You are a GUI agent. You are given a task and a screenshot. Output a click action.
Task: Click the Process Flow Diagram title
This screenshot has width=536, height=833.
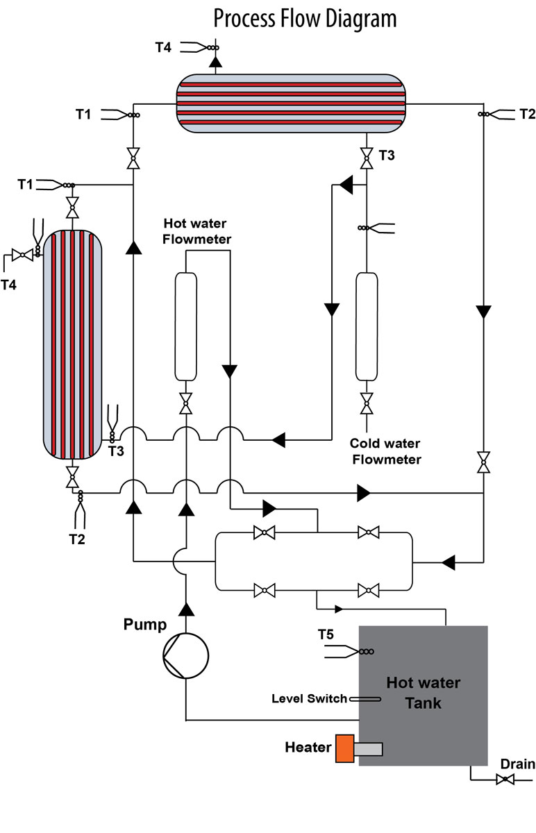pos(305,18)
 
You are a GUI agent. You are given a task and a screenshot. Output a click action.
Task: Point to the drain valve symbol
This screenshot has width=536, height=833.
pos(505,780)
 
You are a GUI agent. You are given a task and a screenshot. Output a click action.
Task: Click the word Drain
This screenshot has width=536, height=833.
pos(517,764)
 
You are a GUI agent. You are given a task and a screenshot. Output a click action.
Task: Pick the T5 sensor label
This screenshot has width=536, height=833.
pos(326,634)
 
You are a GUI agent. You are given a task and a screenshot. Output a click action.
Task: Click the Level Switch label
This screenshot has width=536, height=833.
pos(309,698)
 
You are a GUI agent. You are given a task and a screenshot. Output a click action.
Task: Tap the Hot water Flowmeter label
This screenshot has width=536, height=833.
pos(197,231)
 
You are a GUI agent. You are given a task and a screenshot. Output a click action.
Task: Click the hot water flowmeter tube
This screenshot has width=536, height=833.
pos(185,326)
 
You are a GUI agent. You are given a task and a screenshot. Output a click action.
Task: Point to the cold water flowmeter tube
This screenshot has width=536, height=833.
pos(366,326)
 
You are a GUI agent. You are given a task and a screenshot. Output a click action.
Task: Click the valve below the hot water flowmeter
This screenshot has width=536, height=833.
pos(185,403)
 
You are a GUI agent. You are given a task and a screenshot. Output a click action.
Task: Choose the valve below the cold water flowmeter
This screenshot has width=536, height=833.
pos(366,403)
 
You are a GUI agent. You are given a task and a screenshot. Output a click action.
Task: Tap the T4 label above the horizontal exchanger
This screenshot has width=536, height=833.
pos(162,47)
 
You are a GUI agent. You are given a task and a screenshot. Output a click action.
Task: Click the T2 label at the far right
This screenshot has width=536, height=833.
pos(528,113)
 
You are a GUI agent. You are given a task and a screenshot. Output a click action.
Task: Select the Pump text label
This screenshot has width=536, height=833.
pos(145,624)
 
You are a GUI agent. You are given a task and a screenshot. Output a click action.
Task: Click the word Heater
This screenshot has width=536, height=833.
pos(308,748)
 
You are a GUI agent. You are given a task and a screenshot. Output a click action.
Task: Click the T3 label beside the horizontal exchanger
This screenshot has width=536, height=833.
pos(387,155)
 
